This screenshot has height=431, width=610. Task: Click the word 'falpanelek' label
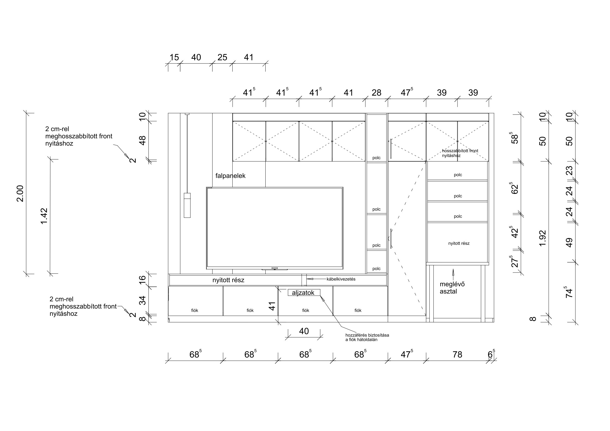[x=230, y=176]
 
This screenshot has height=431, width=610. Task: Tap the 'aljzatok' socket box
[x=304, y=292]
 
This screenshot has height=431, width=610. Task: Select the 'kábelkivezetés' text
[x=341, y=279]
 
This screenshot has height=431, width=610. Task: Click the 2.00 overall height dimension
[x=20, y=194]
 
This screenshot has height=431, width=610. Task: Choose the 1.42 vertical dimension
[x=44, y=216]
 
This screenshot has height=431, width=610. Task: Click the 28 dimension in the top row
[x=377, y=93]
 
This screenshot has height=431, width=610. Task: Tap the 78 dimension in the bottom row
[x=457, y=354]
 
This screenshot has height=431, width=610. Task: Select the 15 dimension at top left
[x=174, y=57]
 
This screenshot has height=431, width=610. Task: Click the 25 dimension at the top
[x=222, y=57]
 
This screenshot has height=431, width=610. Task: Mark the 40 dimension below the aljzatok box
[x=304, y=331]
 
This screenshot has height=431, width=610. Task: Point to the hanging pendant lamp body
[x=187, y=205]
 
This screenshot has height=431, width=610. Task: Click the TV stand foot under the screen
[x=275, y=269]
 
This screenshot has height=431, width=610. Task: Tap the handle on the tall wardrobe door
[x=391, y=239]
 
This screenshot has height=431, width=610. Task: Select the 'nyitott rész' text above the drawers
[x=228, y=280]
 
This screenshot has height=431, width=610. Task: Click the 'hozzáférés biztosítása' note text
[x=367, y=335]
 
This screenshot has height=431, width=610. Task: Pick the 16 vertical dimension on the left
[x=142, y=280]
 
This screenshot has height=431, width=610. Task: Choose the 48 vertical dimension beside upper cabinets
[x=142, y=140]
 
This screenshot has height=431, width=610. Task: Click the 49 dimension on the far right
[x=569, y=243]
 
